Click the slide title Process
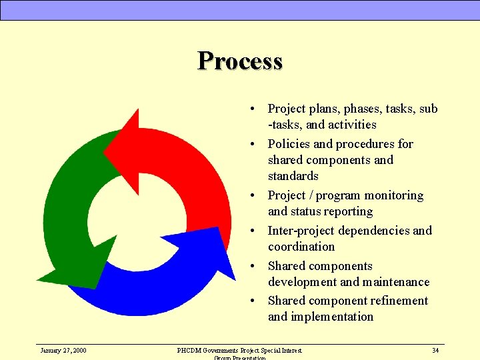240,61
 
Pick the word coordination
301,247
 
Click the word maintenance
396,282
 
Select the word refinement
393,301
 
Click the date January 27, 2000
63,350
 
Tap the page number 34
435,350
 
